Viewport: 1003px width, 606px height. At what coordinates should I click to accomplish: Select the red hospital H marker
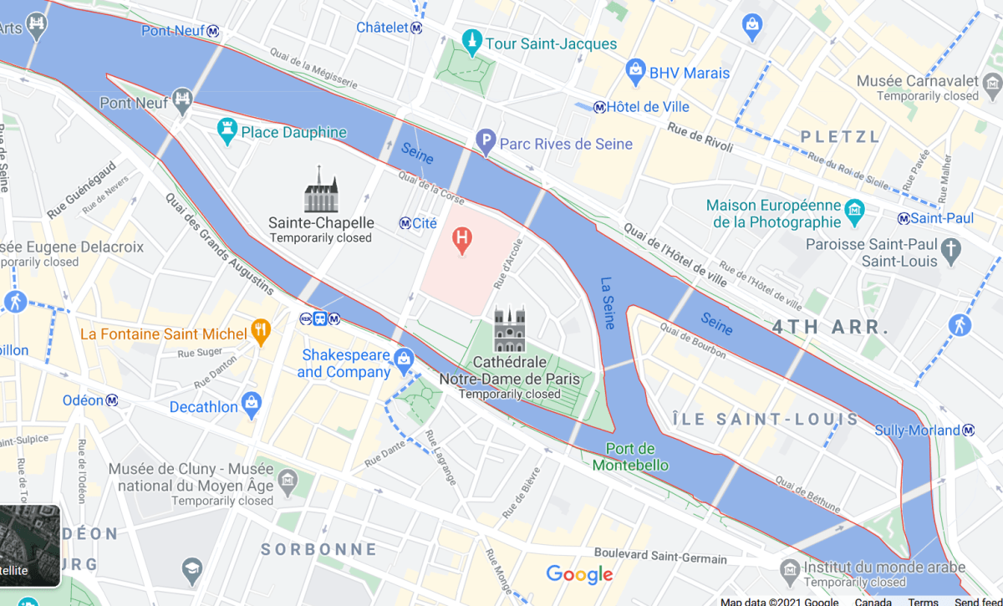coord(461,242)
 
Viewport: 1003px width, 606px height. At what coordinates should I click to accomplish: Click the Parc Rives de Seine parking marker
coord(486,143)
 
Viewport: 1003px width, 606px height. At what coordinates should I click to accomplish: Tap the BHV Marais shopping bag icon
coord(635,68)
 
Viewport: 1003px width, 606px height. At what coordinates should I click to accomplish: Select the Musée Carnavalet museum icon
coord(992,83)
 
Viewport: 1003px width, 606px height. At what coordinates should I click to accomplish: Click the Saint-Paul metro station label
coord(941,218)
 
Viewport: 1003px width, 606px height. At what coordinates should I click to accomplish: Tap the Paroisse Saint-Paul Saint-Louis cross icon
coord(950,249)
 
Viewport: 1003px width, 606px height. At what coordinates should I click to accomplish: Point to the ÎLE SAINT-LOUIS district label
coord(766,420)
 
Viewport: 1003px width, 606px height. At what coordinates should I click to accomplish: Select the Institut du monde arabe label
coord(884,567)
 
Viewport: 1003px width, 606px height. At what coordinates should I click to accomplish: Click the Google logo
coord(579,575)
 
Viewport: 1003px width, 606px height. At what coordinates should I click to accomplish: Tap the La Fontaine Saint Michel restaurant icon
coord(261,331)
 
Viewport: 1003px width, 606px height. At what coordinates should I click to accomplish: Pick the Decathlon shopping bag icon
coord(252,405)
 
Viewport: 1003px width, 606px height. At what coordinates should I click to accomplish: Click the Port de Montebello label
coord(630,456)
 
